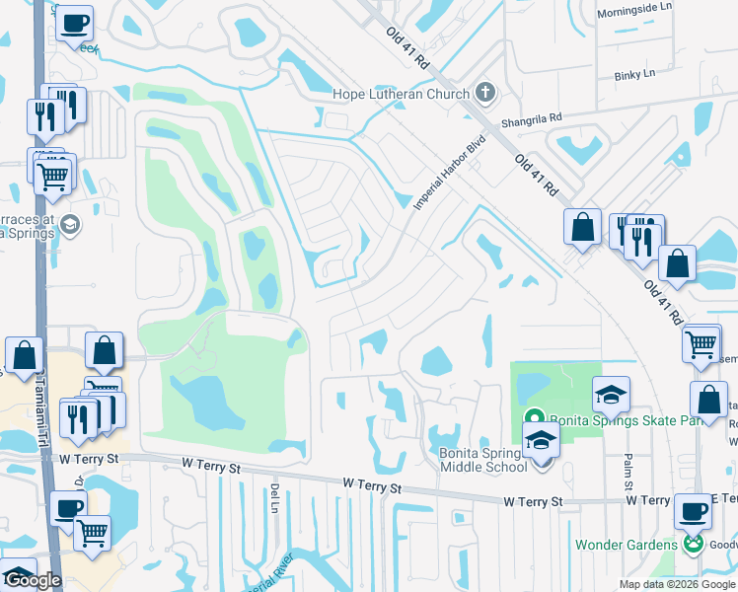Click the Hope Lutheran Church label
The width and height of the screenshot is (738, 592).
[399, 94]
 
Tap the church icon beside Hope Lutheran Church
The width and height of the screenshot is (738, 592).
[483, 94]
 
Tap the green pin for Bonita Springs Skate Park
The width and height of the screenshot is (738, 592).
[534, 417]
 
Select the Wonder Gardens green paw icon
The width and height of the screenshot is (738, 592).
[694, 545]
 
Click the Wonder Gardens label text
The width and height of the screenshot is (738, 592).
[627, 545]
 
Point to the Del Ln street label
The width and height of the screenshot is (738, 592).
[273, 497]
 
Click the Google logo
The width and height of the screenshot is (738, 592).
[33, 580]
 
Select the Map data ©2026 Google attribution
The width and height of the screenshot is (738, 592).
[676, 584]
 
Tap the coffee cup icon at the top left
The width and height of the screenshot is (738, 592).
[74, 23]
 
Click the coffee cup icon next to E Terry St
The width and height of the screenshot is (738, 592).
[693, 511]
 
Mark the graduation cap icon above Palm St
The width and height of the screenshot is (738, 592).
[611, 395]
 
